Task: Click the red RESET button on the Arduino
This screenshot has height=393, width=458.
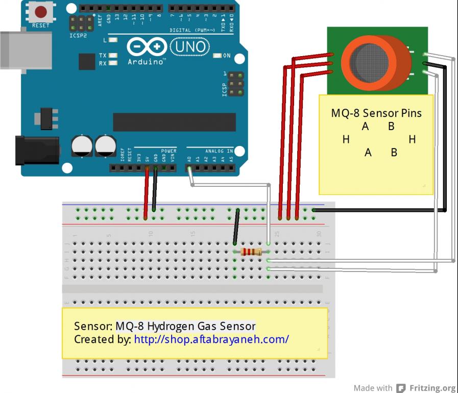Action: pyautogui.click(x=41, y=12)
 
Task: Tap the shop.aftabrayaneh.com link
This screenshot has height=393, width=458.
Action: pyautogui.click(x=211, y=339)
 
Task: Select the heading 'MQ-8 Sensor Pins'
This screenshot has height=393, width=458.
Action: pyautogui.click(x=376, y=113)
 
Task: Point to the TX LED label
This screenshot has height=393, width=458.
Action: pyautogui.click(x=103, y=55)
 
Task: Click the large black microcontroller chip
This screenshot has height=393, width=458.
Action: pyautogui.click(x=174, y=122)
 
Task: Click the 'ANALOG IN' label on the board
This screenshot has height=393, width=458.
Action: pyautogui.click(x=219, y=151)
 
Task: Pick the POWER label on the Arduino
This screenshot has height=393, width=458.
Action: pyautogui.click(x=168, y=151)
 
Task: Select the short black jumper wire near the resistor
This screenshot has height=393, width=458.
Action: pyautogui.click(x=236, y=227)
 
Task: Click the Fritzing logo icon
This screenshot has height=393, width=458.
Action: pyautogui.click(x=401, y=388)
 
